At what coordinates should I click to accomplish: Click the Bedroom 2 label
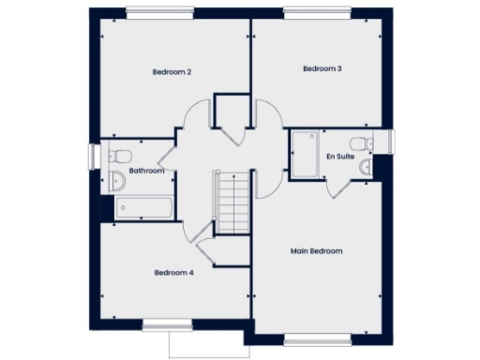172,71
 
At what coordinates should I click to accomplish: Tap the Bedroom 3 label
322,68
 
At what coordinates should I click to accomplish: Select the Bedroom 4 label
173,273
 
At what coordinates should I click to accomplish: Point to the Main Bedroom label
316,251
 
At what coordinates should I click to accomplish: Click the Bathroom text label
147,171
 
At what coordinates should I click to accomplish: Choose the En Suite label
338,156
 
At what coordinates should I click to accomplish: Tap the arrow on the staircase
216,187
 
